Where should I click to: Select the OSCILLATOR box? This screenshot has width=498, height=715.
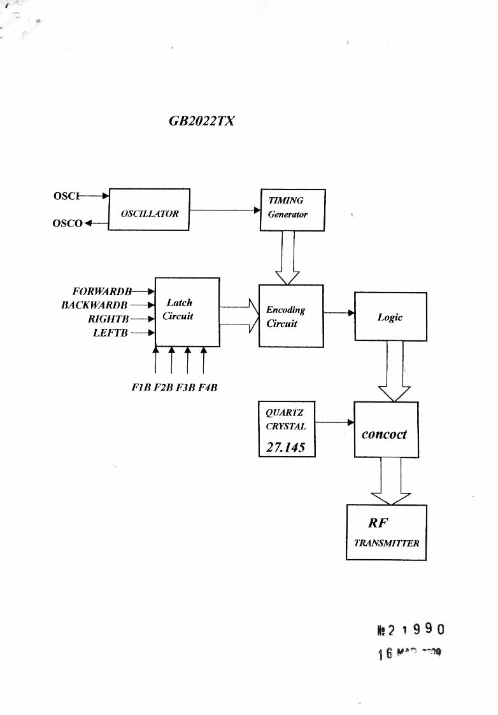tap(150, 209)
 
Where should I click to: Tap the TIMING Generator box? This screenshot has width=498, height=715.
tap(292, 209)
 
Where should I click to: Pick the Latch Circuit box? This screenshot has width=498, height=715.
tap(187, 312)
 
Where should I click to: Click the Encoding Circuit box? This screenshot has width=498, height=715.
tap(291, 316)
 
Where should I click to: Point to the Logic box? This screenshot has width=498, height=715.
tap(390, 317)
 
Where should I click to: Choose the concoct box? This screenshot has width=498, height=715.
tap(386, 430)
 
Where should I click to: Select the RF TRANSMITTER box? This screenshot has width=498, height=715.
tap(386, 532)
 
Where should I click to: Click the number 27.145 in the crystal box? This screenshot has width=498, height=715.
tap(285, 447)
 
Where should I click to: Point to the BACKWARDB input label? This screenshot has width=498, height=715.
tap(94, 305)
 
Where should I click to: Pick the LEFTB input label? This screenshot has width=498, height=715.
tap(111, 332)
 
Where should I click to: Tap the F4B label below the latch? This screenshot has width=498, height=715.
tap(208, 387)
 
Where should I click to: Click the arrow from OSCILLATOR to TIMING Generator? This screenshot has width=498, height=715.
tap(225, 209)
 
